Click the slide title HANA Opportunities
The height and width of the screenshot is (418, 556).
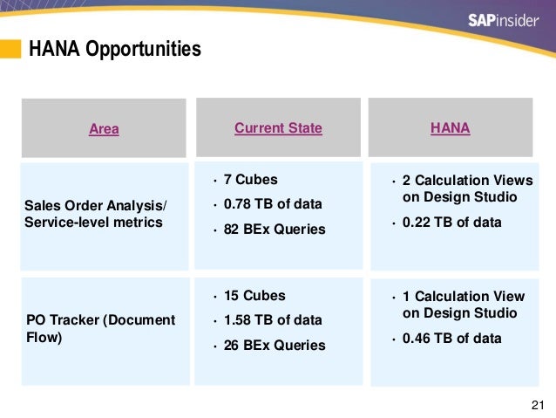coord(114,49)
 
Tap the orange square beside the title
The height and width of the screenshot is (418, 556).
coord(10,49)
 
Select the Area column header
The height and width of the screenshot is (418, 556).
coord(104,129)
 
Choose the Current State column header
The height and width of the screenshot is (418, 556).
coord(278,128)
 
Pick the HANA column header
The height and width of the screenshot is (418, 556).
coord(450,128)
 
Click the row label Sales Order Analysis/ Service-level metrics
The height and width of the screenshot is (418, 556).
coord(94,214)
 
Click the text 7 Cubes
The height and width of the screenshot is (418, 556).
coord(250,180)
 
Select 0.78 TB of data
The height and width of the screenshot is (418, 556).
coord(273,204)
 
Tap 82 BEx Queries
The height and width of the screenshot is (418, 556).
coord(275,230)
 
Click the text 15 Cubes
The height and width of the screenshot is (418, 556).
coord(254,295)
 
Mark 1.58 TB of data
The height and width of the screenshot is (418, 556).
coord(273,320)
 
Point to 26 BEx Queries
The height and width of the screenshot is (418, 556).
coord(275,346)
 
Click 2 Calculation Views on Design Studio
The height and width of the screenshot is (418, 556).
coord(467,188)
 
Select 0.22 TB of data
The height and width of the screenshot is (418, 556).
coord(451,222)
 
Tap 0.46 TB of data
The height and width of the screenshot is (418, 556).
coord(451,338)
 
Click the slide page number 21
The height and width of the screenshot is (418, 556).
coord(537,403)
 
